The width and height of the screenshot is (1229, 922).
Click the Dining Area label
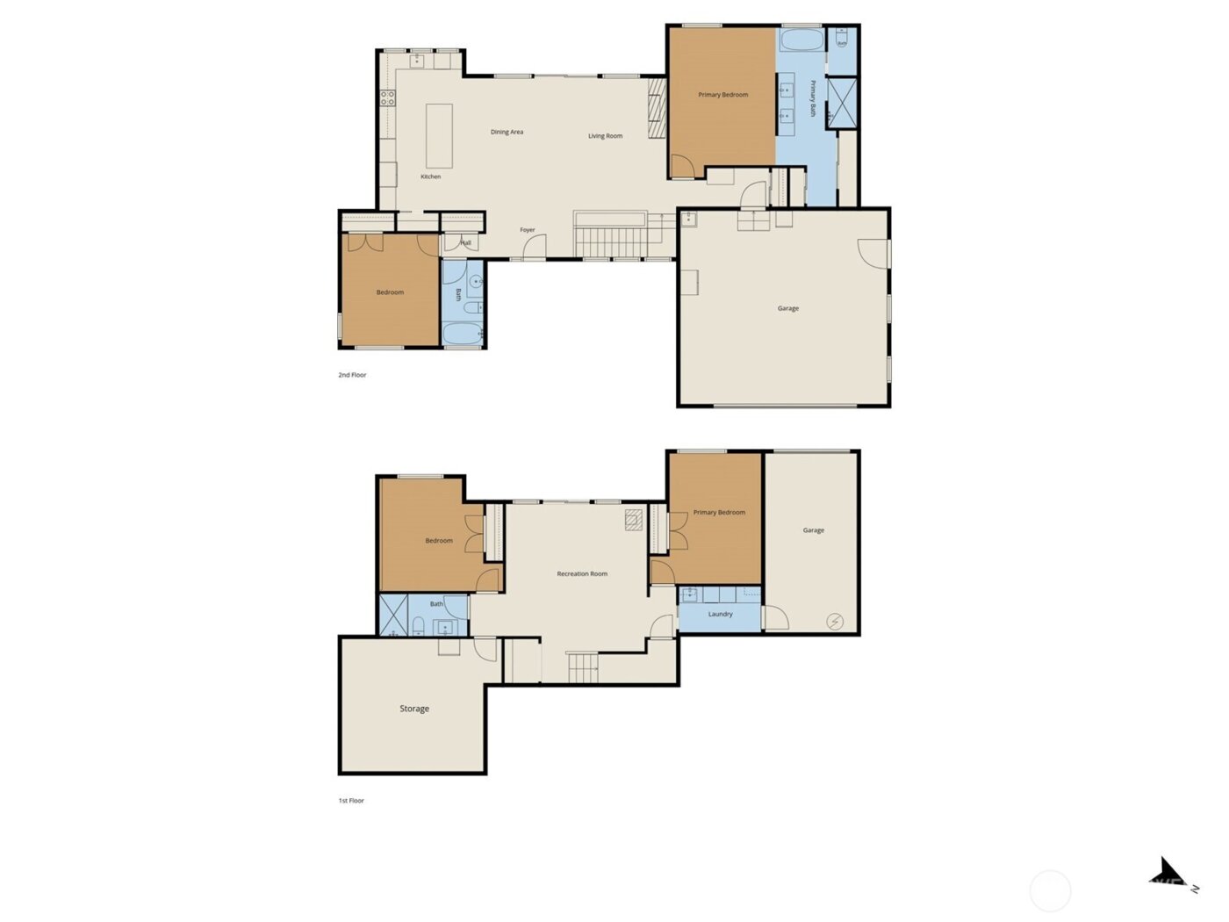coord(507,133)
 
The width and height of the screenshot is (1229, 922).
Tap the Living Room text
coord(605,136)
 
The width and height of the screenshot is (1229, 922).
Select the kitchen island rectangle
coord(439,136)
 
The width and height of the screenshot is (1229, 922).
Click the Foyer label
coord(527,230)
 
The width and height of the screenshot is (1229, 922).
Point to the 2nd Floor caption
coord(352,375)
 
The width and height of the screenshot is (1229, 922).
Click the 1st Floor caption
coord(351,801)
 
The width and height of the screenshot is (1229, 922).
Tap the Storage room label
coord(414,709)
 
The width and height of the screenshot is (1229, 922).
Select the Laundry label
coord(720,615)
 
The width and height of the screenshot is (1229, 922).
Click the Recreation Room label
coord(582,574)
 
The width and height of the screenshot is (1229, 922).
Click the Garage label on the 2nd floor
coord(787,309)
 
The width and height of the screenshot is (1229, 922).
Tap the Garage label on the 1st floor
coord(813,530)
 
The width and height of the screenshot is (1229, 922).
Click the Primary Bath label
coord(813,98)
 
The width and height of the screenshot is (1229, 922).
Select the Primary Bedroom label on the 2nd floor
coord(722,95)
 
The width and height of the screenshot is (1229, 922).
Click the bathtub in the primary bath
coord(801,40)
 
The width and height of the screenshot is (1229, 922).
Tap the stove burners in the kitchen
coord(387,97)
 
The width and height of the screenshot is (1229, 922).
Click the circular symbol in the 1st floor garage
coord(835,622)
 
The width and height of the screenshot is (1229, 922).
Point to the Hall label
coord(466,243)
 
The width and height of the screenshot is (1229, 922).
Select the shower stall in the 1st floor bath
coord(393,616)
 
